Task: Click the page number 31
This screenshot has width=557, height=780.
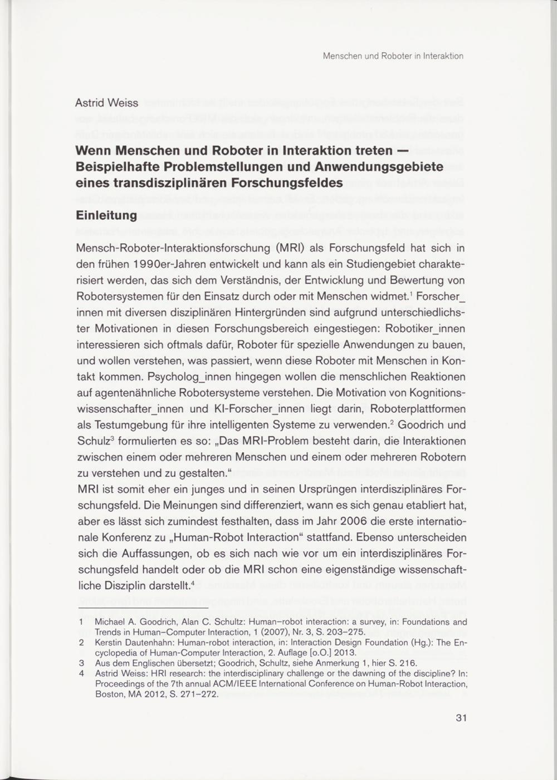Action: (461, 718)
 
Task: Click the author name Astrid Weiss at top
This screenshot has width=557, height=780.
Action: (107, 103)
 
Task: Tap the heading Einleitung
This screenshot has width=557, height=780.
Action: (106, 215)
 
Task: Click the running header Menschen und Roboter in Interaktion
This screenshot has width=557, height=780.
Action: (393, 56)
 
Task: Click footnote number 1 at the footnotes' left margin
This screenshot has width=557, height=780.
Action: (81, 622)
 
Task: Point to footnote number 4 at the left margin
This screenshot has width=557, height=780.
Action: (81, 674)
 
